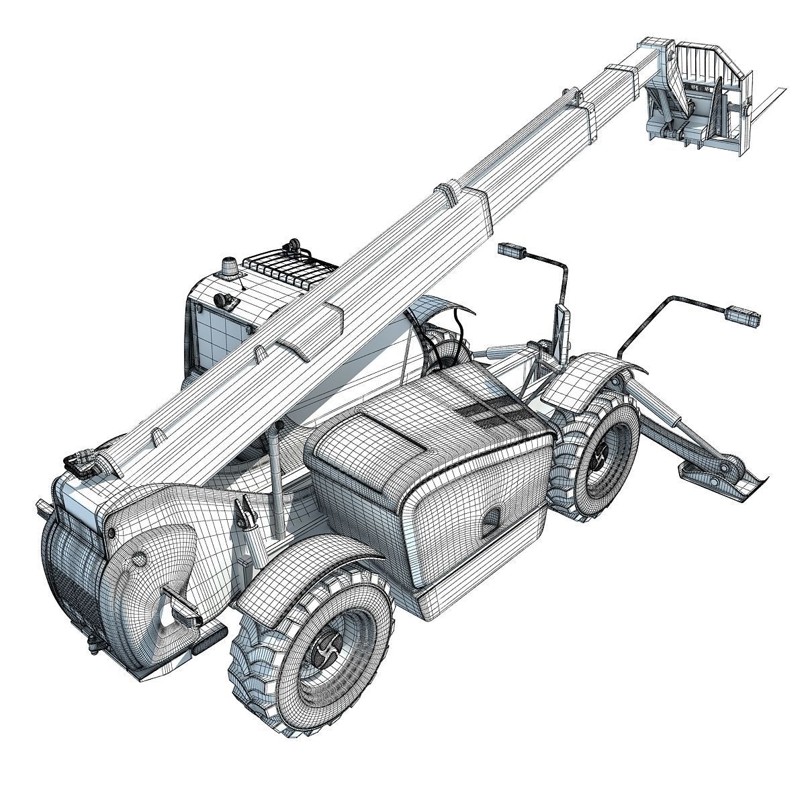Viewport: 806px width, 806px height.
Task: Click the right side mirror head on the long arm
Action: [x=742, y=314]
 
